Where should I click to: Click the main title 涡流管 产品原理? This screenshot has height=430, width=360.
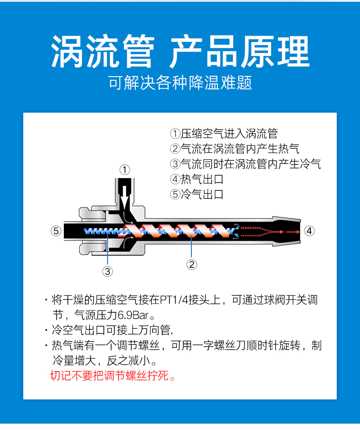(x=180, y=52)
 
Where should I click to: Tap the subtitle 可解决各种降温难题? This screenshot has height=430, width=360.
(x=180, y=83)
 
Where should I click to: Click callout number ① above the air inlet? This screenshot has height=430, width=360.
(x=125, y=170)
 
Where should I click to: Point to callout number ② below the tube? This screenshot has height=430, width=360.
(x=191, y=264)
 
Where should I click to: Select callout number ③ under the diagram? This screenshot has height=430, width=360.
(x=108, y=271)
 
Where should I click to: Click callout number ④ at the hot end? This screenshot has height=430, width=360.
(x=309, y=231)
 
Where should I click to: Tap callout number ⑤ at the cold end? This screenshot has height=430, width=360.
(x=56, y=231)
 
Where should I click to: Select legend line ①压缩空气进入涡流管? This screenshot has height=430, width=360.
(x=224, y=134)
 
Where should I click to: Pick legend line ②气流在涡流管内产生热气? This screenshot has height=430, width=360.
(x=235, y=149)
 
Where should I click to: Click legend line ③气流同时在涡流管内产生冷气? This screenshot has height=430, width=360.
(x=246, y=164)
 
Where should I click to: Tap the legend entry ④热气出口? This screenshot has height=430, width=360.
(x=197, y=179)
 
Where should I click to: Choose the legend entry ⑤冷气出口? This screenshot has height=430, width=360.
(x=197, y=194)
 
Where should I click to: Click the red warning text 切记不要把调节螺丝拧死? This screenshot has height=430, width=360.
(x=113, y=375)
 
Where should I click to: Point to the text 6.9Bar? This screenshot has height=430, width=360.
(x=133, y=315)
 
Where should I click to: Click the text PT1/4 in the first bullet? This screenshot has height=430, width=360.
(x=174, y=300)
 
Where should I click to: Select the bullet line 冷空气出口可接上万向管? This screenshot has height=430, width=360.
(x=112, y=330)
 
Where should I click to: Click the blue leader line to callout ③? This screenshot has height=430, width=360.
(x=108, y=249)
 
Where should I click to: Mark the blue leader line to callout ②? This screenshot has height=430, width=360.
(x=191, y=246)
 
